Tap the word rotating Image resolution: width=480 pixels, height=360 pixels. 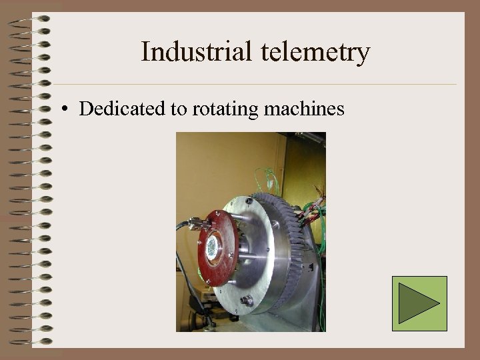click(223, 109)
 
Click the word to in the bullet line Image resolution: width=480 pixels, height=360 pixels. click(179, 109)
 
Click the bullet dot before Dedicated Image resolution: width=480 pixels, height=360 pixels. click(67, 109)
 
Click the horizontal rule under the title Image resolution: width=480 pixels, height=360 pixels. click(253, 85)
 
